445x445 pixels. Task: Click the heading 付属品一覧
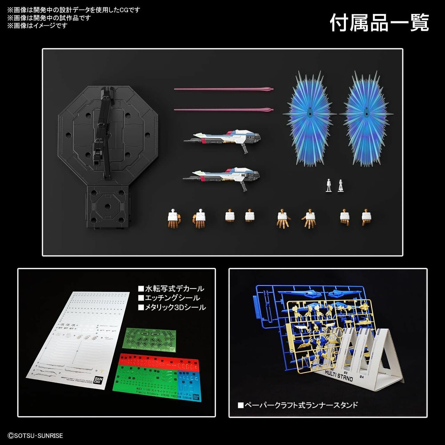pyautogui.click(x=379, y=23)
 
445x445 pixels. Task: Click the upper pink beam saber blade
pyautogui.click(x=222, y=89)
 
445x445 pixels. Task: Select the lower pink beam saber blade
pyautogui.click(x=222, y=110)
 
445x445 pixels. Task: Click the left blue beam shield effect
pyautogui.click(x=309, y=118)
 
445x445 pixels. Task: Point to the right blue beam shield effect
pyautogui.click(x=366, y=118)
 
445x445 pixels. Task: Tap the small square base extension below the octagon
pyautogui.click(x=108, y=207)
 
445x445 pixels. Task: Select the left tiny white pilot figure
pyautogui.click(x=328, y=185)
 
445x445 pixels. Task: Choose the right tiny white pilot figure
pyautogui.click(x=340, y=185)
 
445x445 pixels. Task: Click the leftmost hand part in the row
pyautogui.click(x=174, y=218)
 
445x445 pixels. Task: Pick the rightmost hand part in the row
pyautogui.click(x=366, y=218)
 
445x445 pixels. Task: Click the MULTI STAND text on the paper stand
pyautogui.click(x=339, y=375)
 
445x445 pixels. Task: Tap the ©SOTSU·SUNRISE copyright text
pyautogui.click(x=35, y=436)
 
